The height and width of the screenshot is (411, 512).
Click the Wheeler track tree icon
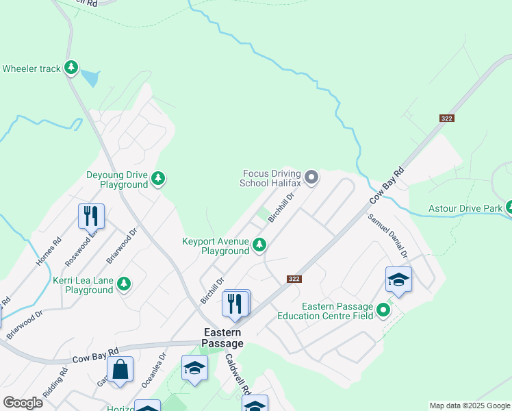pyautogui.click(x=71, y=67)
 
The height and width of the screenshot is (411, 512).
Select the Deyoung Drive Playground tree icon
pyautogui.click(x=158, y=179)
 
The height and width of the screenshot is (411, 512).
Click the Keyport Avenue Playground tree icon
pyautogui.click(x=259, y=245)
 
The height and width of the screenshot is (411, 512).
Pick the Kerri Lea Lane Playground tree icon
pyautogui.click(x=124, y=284)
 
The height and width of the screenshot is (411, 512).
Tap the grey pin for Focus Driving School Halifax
pyautogui.click(x=311, y=178)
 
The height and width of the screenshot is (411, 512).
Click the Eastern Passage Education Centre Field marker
pyautogui.click(x=383, y=310)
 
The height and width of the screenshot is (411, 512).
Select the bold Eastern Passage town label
pyautogui.click(x=223, y=337)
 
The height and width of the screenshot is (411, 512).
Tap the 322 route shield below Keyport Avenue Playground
pyautogui.click(x=294, y=279)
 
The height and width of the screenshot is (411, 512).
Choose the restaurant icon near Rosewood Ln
pyautogui.click(x=91, y=216)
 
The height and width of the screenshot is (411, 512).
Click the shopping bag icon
pyautogui.click(x=120, y=369)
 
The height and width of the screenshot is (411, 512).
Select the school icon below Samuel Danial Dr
pyautogui.click(x=398, y=279)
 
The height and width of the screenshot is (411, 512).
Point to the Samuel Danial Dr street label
pyautogui.click(x=388, y=235)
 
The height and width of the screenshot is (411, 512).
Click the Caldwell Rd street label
pyautogui.click(x=235, y=376)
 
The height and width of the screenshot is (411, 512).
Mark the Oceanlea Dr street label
pyautogui.click(x=153, y=371)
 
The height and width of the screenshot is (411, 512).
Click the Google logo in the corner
pyautogui.click(x=23, y=402)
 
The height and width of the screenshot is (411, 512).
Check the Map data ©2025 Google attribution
pyautogui.click(x=469, y=406)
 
